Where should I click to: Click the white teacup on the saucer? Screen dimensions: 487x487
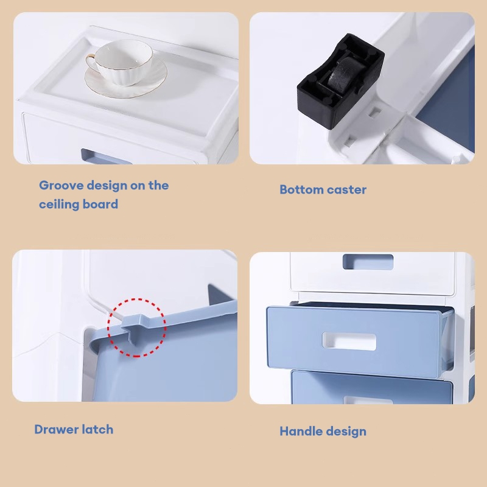(x=124, y=63)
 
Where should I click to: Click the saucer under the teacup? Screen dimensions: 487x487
(x=126, y=79)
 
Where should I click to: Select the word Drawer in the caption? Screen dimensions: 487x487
(x=52, y=430)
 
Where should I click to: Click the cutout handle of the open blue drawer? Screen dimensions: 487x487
(x=349, y=342)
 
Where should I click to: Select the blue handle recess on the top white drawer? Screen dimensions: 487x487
(x=368, y=262)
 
